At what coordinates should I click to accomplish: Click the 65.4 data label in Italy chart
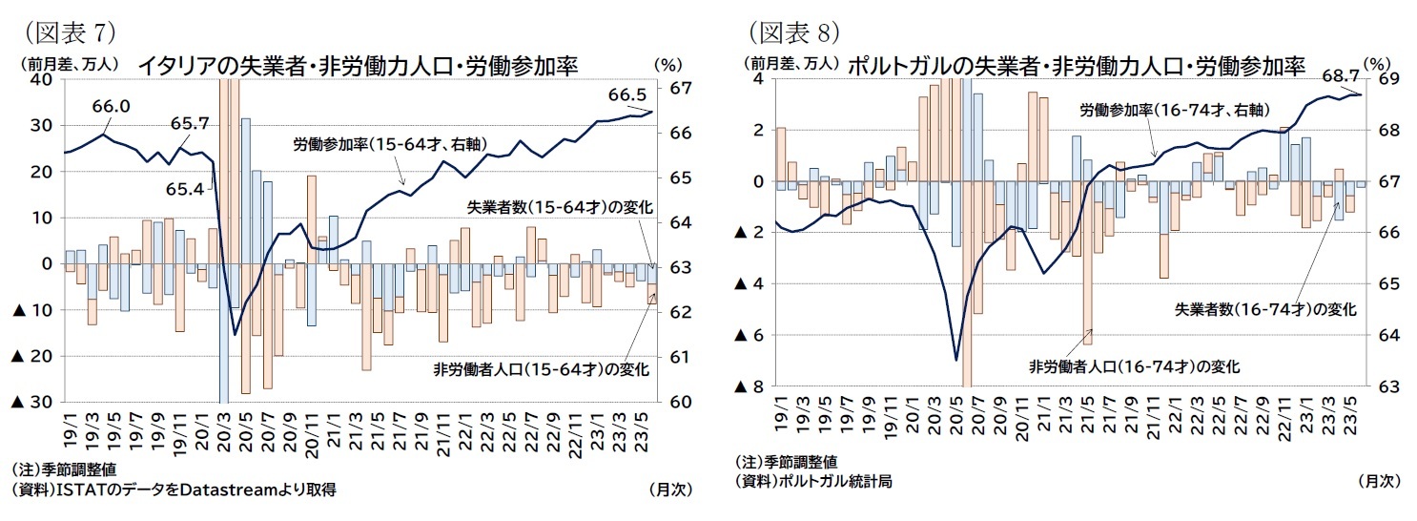pos(184,190)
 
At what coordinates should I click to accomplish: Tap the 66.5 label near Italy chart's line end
pos(626,94)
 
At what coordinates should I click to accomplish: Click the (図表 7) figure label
pos(68,32)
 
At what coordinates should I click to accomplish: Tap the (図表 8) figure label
pos(792,32)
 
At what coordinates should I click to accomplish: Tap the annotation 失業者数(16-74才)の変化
pos(1265,309)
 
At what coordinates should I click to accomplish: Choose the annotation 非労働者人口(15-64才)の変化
pos(541,369)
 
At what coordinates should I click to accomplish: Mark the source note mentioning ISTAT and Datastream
pos(174,490)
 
